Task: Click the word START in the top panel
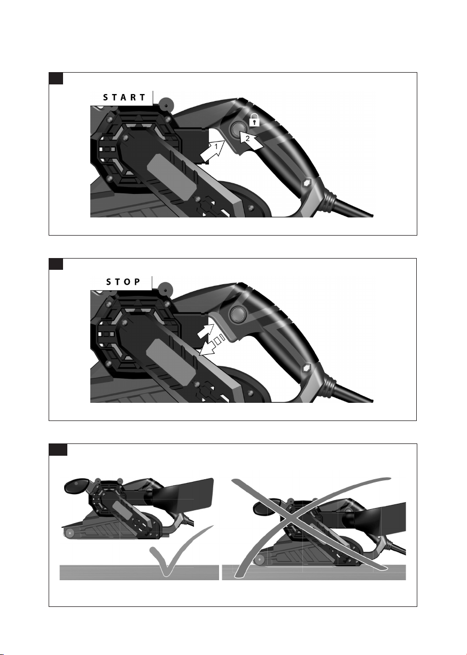124,97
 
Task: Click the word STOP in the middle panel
123,282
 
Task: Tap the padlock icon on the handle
254,120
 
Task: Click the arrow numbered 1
212,150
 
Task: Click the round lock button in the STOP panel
237,314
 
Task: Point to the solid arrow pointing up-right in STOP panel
206,331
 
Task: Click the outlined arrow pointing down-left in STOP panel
211,347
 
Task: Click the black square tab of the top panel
56,79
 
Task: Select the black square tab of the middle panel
56,264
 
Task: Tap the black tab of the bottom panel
58,450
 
